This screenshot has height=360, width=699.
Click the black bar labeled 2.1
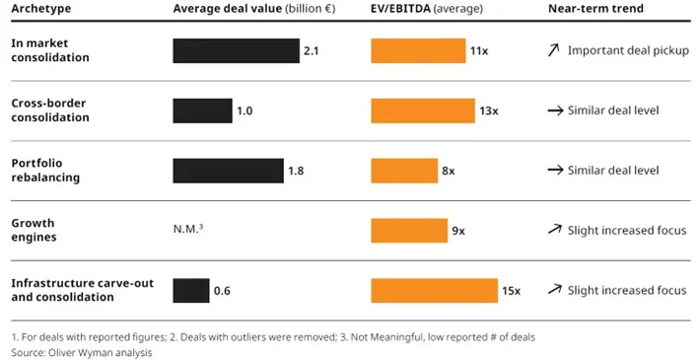pyautogui.click(x=236, y=50)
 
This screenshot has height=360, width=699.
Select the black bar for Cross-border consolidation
pyautogui.click(x=202, y=110)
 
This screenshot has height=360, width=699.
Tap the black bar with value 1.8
pyautogui.click(x=228, y=171)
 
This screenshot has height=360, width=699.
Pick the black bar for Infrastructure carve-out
pyautogui.click(x=190, y=290)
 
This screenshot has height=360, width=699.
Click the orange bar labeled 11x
pyautogui.click(x=418, y=50)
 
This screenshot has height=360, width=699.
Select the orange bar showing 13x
pyautogui.click(x=423, y=110)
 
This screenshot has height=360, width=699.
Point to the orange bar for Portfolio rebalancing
pyautogui.click(x=404, y=171)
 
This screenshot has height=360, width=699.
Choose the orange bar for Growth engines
pyautogui.click(x=409, y=231)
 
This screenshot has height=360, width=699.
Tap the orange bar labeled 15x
pyautogui.click(x=434, y=290)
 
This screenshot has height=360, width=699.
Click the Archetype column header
pyautogui.click(x=40, y=9)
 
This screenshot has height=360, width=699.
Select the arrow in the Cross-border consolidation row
pyautogui.click(x=555, y=110)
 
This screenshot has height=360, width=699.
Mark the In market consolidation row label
pyautogui.click(x=50, y=50)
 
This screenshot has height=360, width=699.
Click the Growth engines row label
pyautogui.click(x=34, y=230)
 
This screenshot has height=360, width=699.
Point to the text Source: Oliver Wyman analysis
pyautogui.click(x=83, y=352)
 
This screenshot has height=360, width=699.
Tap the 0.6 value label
pyautogui.click(x=222, y=291)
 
